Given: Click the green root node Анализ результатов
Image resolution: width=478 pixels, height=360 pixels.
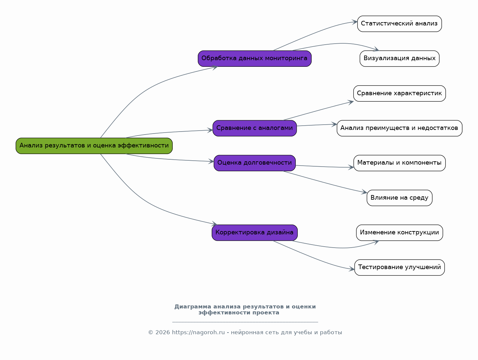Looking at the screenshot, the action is pos(94,146).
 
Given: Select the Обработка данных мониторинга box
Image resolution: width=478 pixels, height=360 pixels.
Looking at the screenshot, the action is pos(255,59).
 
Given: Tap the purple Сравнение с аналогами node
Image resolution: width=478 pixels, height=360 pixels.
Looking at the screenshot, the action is pos(255,128).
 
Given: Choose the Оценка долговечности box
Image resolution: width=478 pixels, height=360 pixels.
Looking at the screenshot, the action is pos(255,163).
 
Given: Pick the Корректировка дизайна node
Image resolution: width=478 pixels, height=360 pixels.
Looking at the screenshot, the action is pos(255,232).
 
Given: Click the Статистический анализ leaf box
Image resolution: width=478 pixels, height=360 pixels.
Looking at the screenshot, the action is pos(399,24).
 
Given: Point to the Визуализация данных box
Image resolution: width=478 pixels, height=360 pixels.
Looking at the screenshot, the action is pos(399,59).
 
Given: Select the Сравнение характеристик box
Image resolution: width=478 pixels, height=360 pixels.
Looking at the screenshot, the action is pos(399,93).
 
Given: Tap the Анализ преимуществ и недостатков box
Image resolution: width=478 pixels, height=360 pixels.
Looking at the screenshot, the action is pos(399,128).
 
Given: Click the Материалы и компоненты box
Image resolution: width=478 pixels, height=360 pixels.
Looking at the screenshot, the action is pos(399,163).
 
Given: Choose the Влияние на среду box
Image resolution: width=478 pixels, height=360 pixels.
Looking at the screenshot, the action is pos(399,198).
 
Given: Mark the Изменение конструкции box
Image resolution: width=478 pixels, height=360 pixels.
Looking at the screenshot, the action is pos(399,232).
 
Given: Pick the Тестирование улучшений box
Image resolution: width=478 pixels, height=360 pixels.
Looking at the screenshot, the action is pos(399,267).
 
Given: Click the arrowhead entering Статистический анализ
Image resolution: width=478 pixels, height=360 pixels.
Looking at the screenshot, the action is pos(355,22).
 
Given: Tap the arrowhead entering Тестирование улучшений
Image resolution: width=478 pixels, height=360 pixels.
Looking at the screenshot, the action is pos(352,269).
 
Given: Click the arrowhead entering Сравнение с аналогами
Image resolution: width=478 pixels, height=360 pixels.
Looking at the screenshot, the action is pos(210,130).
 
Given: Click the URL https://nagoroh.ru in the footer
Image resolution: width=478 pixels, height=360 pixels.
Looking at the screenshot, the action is pos(198,332).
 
